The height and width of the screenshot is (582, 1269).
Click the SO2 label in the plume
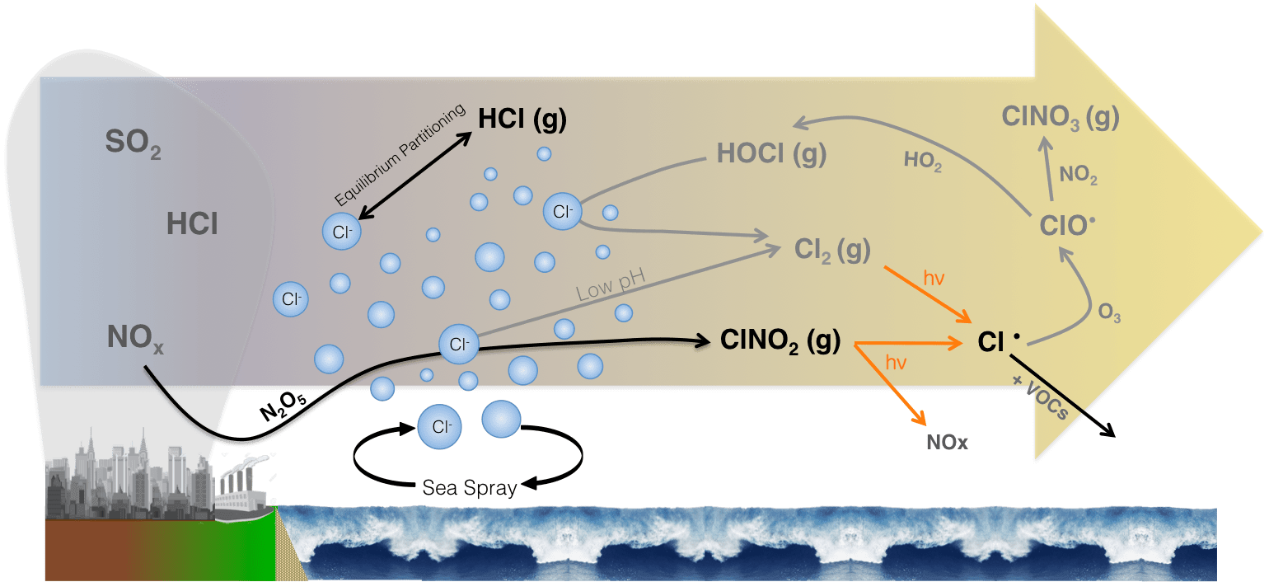coord(133,144)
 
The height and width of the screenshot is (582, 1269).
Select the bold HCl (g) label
coord(522,120)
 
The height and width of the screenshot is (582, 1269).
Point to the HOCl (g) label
coord(771,153)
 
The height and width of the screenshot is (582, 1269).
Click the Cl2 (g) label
coord(833,250)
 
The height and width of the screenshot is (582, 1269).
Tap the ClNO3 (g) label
coord(1060,117)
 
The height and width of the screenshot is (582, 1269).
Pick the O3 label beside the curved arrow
coord(1109,314)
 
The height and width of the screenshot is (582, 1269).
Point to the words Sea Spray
coord(469,487)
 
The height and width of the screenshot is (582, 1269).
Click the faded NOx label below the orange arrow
coord(945,443)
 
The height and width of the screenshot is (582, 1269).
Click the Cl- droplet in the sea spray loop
coord(438,427)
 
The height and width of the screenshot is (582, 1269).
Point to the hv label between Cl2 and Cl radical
coord(933,278)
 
